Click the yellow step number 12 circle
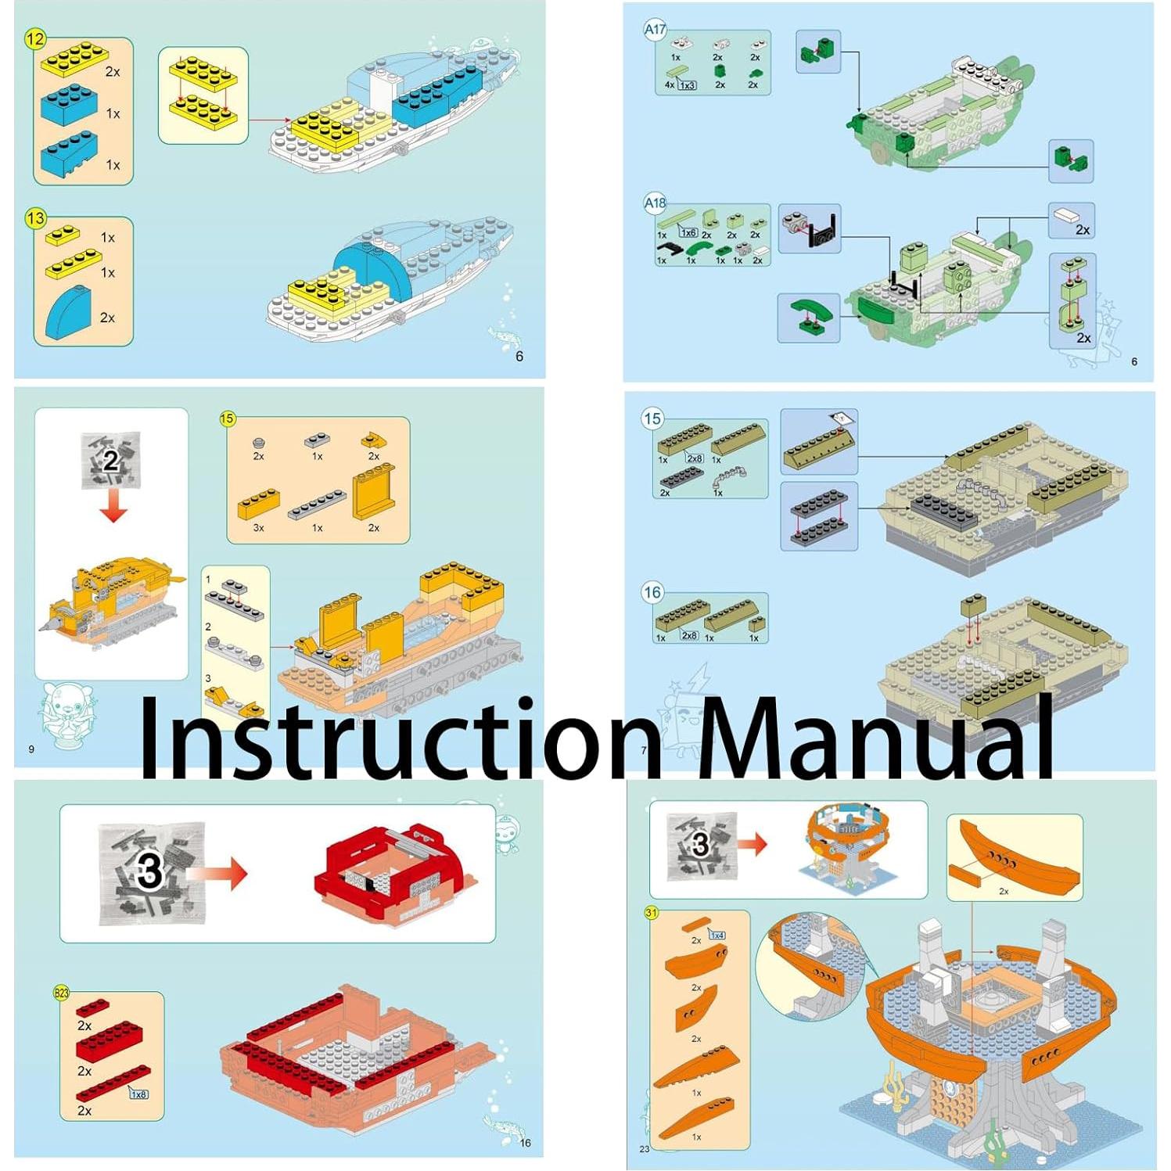point(35,39)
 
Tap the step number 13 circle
point(35,218)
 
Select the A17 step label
point(655,31)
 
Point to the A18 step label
point(655,203)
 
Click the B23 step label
point(61,993)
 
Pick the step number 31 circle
point(652,913)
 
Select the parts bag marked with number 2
point(111,460)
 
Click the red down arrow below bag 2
point(113,508)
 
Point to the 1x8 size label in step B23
point(138,1094)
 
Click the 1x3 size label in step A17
point(687,85)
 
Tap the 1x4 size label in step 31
point(717,935)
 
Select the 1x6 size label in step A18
point(688,232)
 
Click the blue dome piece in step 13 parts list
point(68,313)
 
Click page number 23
point(645,1149)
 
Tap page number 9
point(31,749)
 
